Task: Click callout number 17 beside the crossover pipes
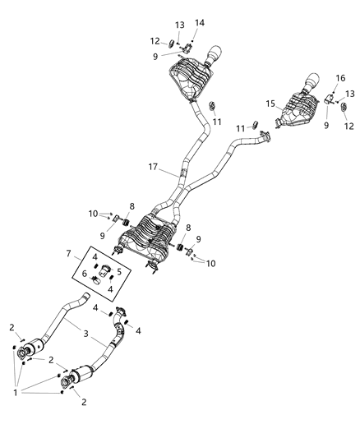[153, 168]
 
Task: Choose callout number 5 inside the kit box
[119, 271]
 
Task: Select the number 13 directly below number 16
[348, 95]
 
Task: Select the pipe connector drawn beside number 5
[105, 272]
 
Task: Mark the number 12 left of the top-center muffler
[154, 41]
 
